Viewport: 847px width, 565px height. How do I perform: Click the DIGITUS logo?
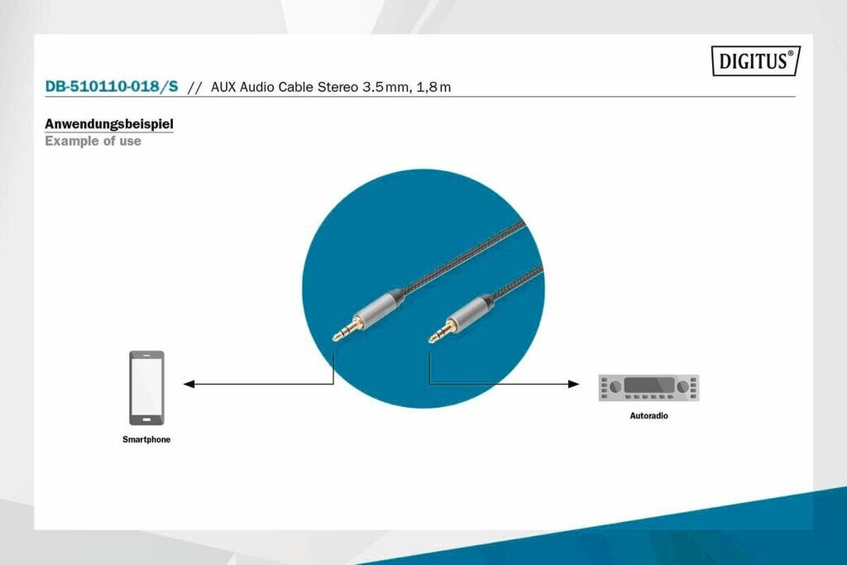point(756,60)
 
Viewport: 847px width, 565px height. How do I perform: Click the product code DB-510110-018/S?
point(112,86)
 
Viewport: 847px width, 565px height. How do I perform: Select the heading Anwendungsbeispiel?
point(109,124)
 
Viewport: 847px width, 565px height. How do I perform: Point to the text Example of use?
point(93,141)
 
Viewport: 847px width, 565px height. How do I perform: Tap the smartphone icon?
point(146,388)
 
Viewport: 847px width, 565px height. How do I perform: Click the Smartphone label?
point(146,440)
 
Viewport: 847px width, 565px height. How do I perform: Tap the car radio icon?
point(648,387)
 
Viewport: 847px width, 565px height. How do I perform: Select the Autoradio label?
point(648,416)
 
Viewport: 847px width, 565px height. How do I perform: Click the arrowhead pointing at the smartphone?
point(189,384)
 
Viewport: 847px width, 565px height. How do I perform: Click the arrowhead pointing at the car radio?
point(574,384)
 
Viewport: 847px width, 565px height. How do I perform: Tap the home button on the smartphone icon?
point(146,419)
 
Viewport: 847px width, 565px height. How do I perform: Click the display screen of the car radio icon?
point(649,385)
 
